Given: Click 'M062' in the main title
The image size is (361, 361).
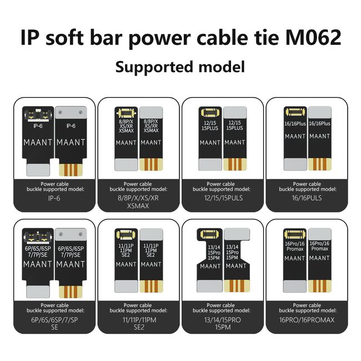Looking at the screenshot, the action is tap(313, 37).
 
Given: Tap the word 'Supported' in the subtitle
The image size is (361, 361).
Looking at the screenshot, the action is tap(154, 67).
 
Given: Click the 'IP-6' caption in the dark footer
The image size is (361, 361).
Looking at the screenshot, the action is tap(54, 198).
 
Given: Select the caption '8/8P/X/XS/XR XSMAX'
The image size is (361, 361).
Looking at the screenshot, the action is tap(138, 202).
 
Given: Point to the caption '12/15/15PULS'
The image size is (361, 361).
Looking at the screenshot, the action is tap(223, 198).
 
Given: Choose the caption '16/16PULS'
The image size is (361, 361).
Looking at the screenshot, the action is tap(307, 198).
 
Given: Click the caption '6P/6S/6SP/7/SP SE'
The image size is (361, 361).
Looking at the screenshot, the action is tap(54, 323).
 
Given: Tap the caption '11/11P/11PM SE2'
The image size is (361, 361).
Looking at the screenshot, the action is tap(139, 323).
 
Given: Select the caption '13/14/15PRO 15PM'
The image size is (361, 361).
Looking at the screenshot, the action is tap(223, 323).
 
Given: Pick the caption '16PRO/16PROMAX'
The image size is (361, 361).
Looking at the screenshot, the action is tap(307, 320).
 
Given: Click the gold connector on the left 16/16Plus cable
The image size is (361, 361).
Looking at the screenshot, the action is tap(295, 112).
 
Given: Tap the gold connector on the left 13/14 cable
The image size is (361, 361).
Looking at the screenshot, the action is tap(209, 234).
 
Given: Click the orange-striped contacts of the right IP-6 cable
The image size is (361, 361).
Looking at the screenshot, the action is tap(71, 170).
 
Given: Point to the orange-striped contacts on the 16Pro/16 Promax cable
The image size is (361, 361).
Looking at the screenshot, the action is tap(319, 286).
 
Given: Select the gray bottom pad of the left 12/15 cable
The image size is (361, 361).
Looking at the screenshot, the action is tap(210, 164).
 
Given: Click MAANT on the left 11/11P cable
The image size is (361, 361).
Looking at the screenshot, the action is tap(126, 264).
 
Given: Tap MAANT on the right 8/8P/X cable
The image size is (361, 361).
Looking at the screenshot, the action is tap(151, 143).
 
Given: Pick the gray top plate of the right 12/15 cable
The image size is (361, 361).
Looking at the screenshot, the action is tap(235, 112).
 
